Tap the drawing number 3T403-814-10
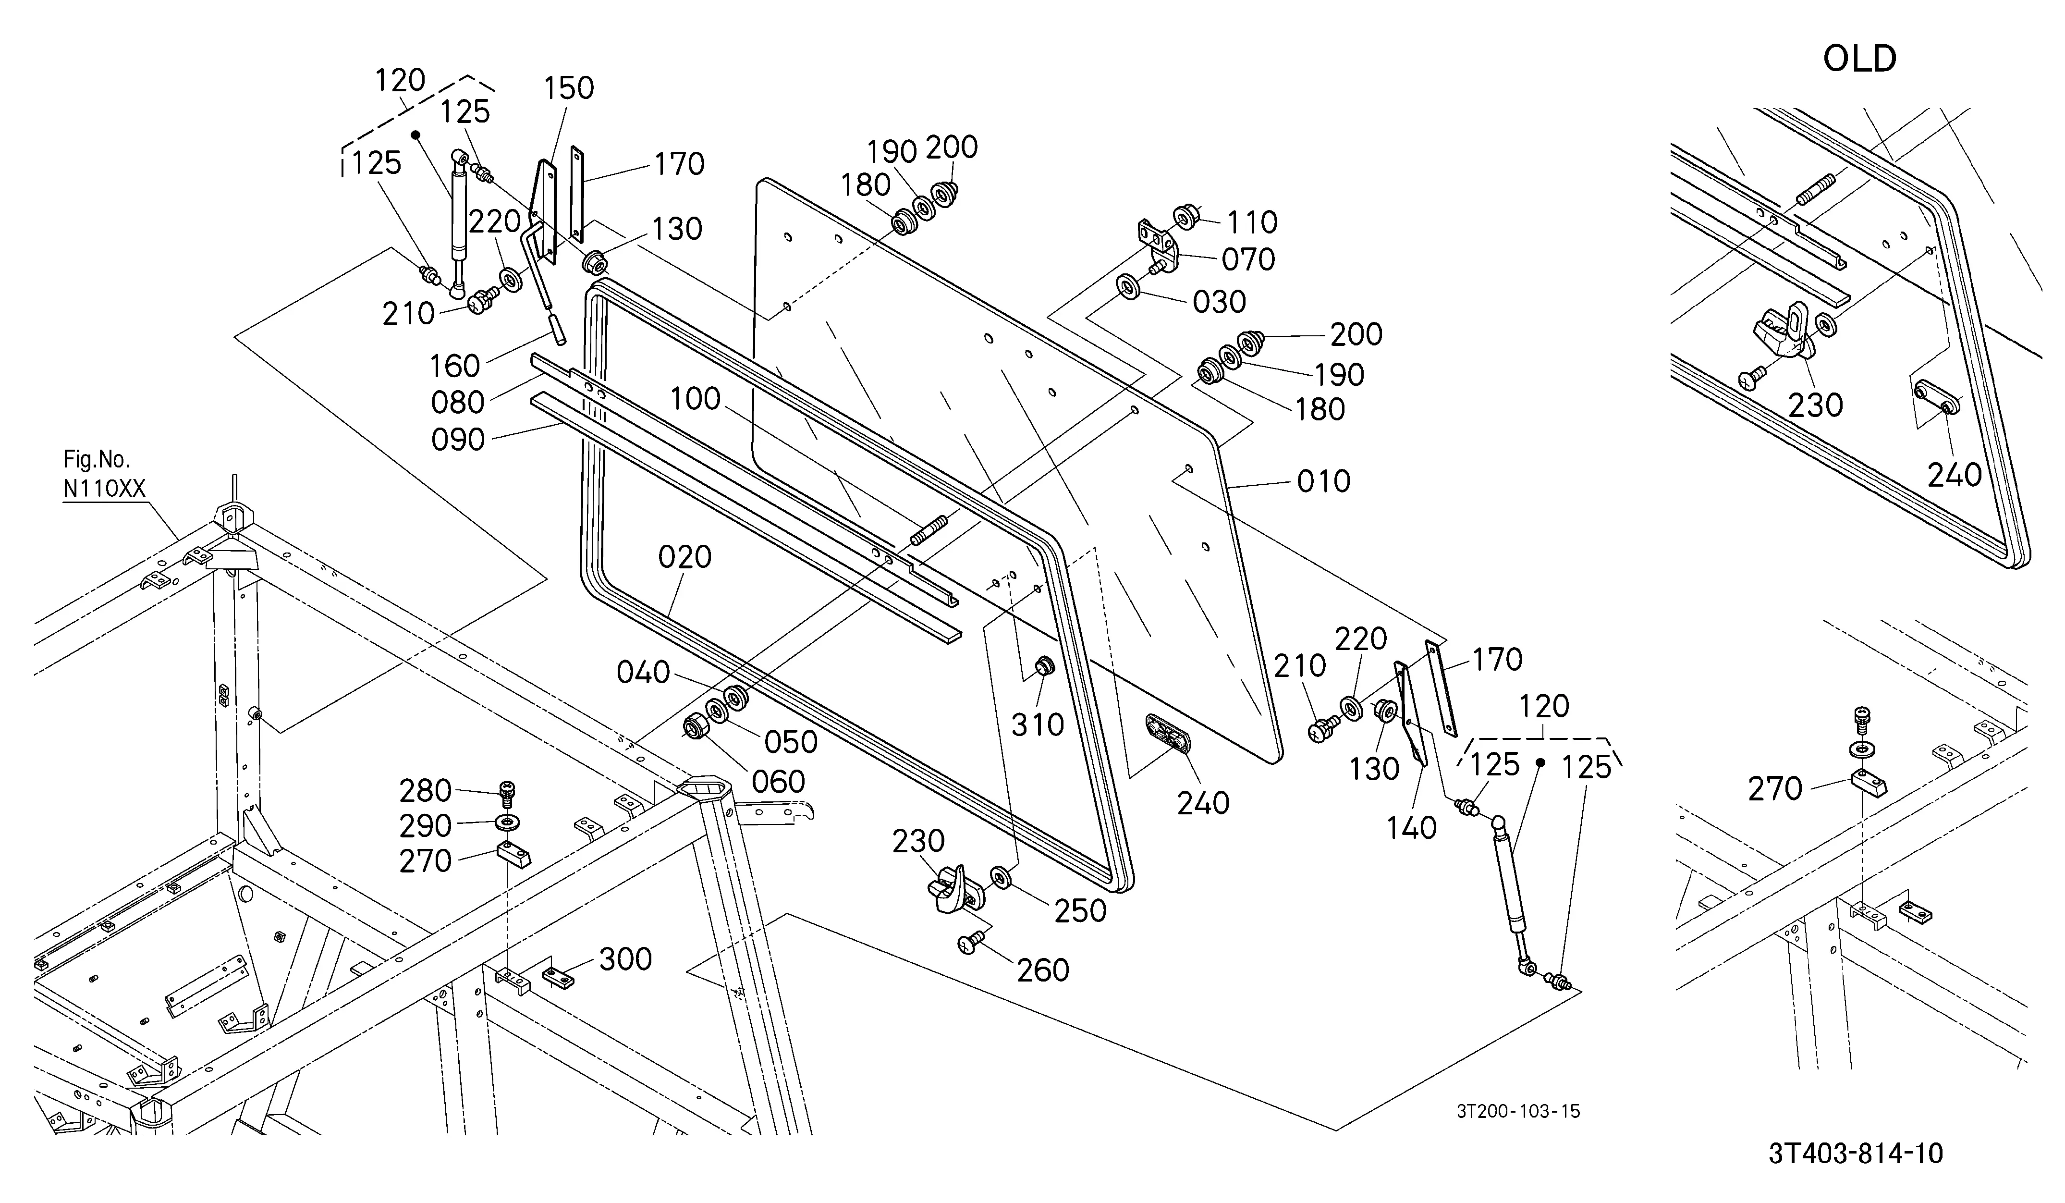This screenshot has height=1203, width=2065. coord(1855,1154)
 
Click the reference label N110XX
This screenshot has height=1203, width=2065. coord(104,489)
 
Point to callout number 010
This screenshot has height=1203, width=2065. coord(1323,481)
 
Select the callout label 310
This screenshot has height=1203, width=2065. coord(1038,724)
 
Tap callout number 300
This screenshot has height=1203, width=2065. coord(625,959)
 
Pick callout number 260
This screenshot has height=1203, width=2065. coord(1043,970)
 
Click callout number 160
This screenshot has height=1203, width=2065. coord(455,366)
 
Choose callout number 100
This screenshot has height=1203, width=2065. coord(695,399)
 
